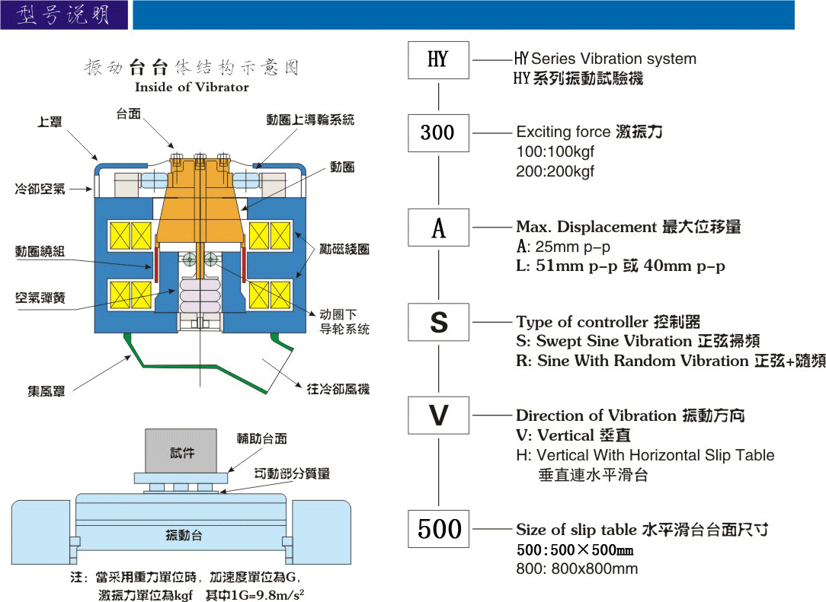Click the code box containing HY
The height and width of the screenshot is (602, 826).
coord(438,60)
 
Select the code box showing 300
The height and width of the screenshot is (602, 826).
coord(438,133)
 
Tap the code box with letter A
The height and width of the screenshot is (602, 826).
coord(438,228)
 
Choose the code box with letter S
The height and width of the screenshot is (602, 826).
coord(438,321)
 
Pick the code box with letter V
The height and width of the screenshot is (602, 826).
coord(438,416)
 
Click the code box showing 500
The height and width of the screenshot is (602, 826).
coord(438,528)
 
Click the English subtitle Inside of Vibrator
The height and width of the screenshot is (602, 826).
coord(192,87)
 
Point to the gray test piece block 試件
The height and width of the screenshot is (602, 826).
coord(181,451)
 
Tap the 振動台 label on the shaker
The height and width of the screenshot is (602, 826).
coord(184,536)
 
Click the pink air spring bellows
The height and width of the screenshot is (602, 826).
coord(200,296)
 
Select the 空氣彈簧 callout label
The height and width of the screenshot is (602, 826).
coord(40,298)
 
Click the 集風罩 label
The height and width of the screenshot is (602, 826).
coord(46,391)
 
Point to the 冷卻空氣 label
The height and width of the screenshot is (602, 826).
coord(40,189)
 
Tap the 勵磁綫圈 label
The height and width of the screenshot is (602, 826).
coord(344,249)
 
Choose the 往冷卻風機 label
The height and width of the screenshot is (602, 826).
coord(338,389)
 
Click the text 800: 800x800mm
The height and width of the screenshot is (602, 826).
coord(577,569)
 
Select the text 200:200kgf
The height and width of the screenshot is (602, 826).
coord(555,171)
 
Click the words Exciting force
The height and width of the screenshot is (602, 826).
coord(563,132)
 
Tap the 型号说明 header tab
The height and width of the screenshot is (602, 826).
coord(64,14)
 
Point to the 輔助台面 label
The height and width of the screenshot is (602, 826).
coord(262,438)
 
